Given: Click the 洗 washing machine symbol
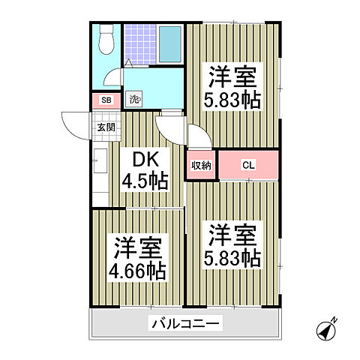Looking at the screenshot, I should pyautogui.click(x=134, y=99).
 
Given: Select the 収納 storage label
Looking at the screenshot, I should pyautogui.click(x=200, y=165).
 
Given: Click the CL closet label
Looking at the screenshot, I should pyautogui.click(x=247, y=165).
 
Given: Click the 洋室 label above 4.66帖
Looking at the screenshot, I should pyautogui.click(x=139, y=247).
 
